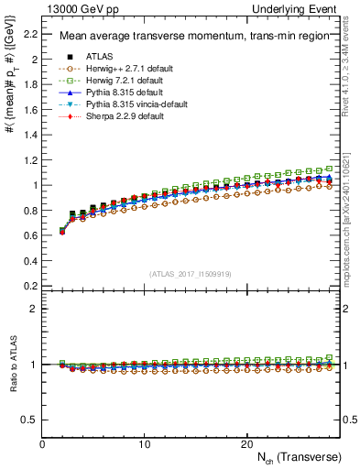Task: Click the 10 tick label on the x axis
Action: click(144, 443)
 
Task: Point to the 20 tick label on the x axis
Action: click(246, 443)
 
